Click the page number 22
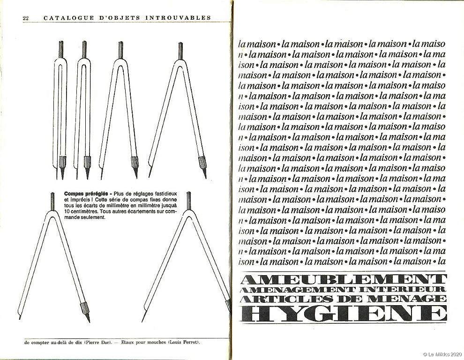pos(26,18)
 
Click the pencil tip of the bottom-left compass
pos(88,320)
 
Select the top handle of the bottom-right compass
pos(188,199)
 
